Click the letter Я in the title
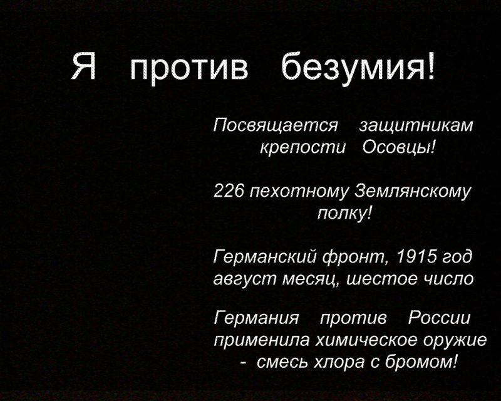coord(84,66)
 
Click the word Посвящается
coord(276,125)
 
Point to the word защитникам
coord(416,125)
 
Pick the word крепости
coord(303,148)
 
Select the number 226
coord(229,191)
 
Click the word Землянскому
coord(413,192)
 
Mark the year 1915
coord(416,256)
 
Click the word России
coord(440,318)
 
